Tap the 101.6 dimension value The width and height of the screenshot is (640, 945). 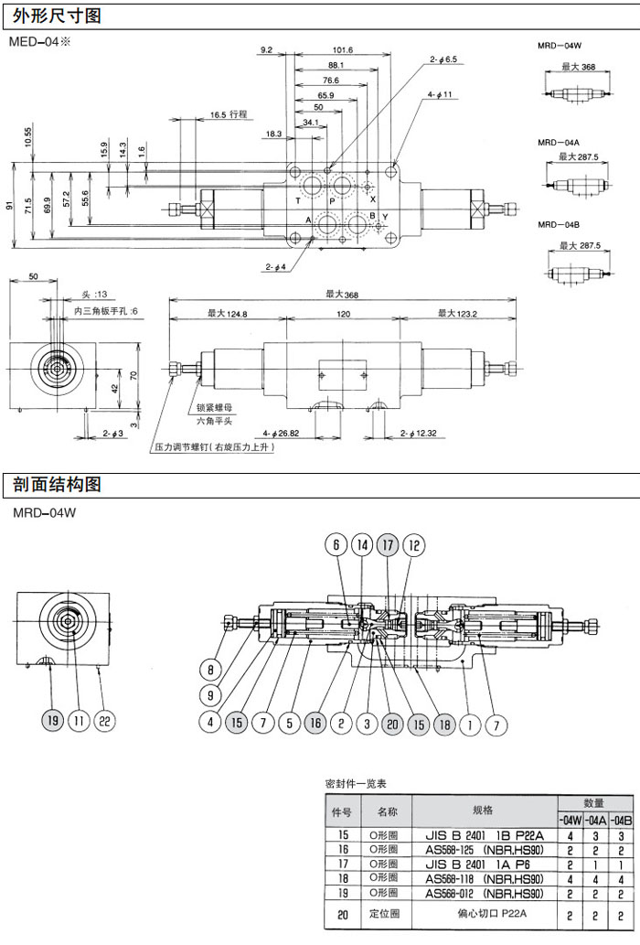[x=343, y=50]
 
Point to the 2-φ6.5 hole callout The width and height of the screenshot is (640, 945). [x=443, y=59]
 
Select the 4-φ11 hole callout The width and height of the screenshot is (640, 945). [x=440, y=94]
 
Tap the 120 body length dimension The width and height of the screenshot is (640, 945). [x=342, y=313]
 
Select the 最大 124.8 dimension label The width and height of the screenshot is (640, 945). [x=227, y=313]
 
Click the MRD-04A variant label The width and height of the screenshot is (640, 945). [x=559, y=143]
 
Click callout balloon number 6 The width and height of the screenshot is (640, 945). [x=336, y=546]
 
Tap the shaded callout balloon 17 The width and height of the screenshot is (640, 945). [x=388, y=546]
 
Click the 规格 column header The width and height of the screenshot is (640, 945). [x=483, y=811]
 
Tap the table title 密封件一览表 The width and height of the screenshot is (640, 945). [x=357, y=784]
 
